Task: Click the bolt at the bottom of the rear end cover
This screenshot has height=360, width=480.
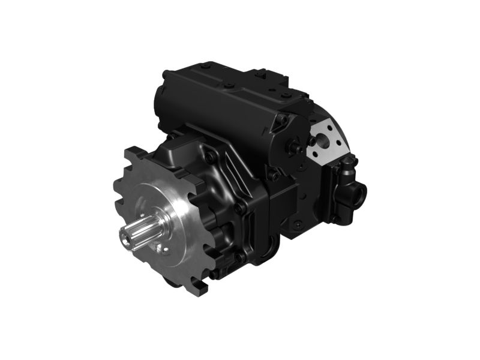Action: pyautogui.click(x=297, y=225)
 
